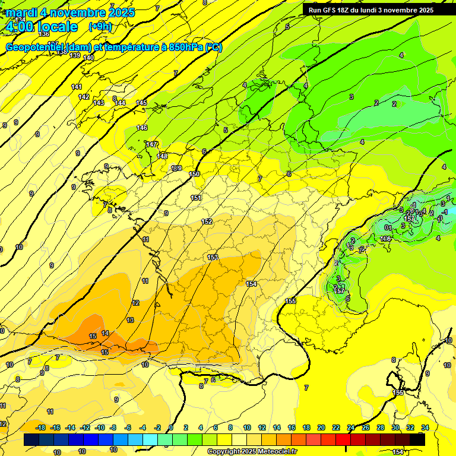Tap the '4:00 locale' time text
[x=42, y=27]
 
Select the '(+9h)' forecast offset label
[x=99, y=27]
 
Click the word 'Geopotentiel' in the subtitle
[x=36, y=47]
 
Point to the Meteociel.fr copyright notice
[x=252, y=451]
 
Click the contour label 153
[x=213, y=257]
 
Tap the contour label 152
[x=207, y=221]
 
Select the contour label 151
[x=197, y=198]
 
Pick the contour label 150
[x=194, y=174]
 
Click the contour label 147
[x=152, y=144]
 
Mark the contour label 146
[x=142, y=128]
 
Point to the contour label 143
[x=99, y=103]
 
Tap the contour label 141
[x=77, y=87]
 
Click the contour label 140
[x=88, y=57]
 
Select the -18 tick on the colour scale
[x=40, y=427]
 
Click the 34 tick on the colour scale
[x=425, y=427]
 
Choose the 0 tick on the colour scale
[x=170, y=427]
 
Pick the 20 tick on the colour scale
[x=321, y=427]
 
